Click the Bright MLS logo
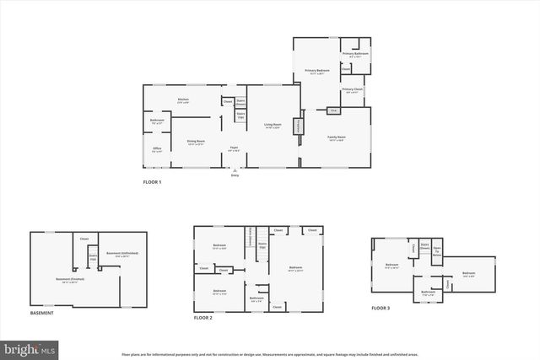tap(29, 347)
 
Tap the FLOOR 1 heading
tap(152, 182)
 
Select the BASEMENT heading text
tap(42, 313)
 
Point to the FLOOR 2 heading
tap(203, 317)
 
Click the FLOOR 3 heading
tap(381, 309)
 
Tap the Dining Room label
tap(196, 142)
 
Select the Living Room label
tap(272, 126)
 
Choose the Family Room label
tap(337, 137)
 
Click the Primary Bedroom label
tap(316, 72)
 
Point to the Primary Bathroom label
tap(355, 55)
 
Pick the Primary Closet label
tap(353, 89)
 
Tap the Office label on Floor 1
tap(157, 149)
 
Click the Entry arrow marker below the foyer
tap(235, 169)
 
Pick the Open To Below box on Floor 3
tap(437, 254)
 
